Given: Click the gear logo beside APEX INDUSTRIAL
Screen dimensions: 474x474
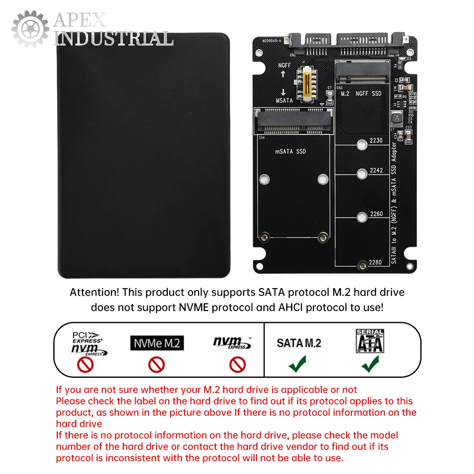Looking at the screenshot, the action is [x=30, y=29].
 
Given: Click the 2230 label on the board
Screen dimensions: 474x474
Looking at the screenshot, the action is [x=376, y=140].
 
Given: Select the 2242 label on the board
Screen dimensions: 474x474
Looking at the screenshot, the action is [x=376, y=171].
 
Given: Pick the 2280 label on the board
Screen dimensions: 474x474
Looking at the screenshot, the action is [x=376, y=262].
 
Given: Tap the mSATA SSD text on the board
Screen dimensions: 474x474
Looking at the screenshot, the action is [x=291, y=152].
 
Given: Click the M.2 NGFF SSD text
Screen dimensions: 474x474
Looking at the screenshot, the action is [x=361, y=93].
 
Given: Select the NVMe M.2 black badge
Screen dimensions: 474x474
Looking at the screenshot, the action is [x=156, y=343].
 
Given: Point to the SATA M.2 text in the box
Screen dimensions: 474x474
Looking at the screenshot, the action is [x=299, y=343].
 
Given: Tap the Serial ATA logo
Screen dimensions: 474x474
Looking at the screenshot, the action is [x=370, y=341].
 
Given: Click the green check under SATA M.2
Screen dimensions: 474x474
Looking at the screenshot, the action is [x=298, y=364].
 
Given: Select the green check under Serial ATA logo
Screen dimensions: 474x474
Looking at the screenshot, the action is [x=370, y=364].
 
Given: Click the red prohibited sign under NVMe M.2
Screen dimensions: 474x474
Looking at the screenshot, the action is [x=156, y=364].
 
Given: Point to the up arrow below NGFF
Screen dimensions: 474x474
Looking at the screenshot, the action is [x=283, y=74].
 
